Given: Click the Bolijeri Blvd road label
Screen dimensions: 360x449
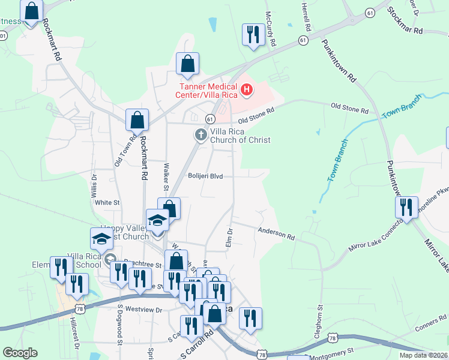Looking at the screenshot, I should pos(205,176).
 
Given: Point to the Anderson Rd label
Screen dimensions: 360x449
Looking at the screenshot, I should pos(276,233).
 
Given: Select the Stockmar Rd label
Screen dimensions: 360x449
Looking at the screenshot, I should pos(405,21).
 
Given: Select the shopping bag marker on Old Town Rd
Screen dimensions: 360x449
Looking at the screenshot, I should pos(137,120).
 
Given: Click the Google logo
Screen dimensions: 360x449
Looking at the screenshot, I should pos(20,353).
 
